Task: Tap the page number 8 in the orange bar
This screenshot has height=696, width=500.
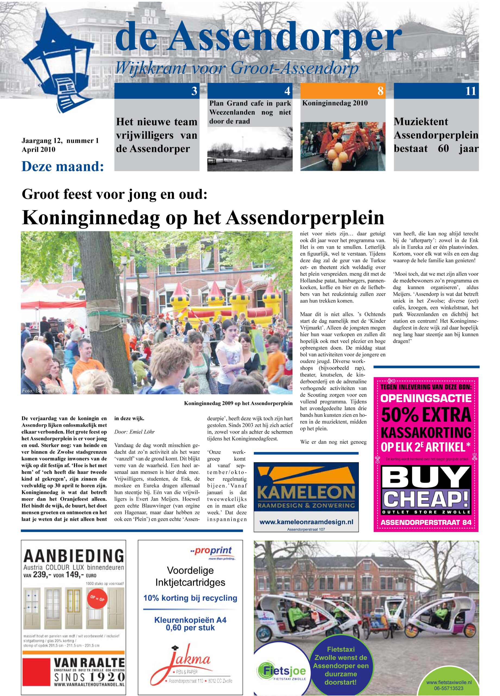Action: (x=380, y=91)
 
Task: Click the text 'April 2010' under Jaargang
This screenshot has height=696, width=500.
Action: (x=38, y=150)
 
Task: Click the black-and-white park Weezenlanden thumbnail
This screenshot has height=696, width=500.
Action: (x=250, y=148)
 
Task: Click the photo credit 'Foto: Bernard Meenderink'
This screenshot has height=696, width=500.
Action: (x=51, y=391)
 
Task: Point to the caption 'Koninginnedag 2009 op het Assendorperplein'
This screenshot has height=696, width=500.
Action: (x=238, y=403)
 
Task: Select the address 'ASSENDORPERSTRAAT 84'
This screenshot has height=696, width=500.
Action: (x=426, y=523)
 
